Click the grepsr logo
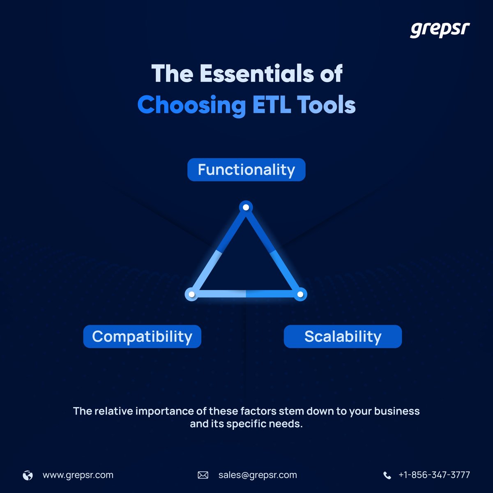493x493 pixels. point(440,30)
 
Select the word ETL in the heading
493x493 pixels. point(271,105)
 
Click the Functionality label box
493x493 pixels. point(246,170)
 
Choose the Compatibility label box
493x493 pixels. point(142,336)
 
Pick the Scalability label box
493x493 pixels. point(343,336)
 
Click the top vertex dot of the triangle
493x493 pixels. point(246,207)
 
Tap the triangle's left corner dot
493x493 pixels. point(191,294)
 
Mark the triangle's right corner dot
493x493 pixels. point(300,294)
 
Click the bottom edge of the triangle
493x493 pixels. point(246,294)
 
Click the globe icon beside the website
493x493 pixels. point(28,475)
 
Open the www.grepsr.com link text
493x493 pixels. point(78,475)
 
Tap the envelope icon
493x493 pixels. point(203,475)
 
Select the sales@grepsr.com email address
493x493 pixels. point(258,475)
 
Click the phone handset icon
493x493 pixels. point(387,475)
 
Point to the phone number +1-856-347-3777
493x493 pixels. point(434,475)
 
